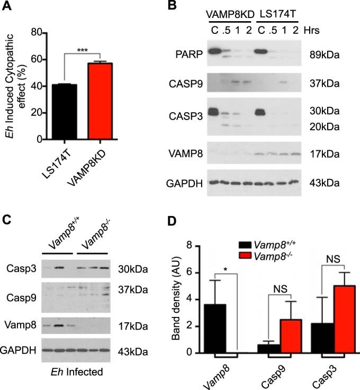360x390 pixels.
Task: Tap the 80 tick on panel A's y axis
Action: (36, 32)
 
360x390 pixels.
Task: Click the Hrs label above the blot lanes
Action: (325, 31)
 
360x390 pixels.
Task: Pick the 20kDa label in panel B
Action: (325, 128)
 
